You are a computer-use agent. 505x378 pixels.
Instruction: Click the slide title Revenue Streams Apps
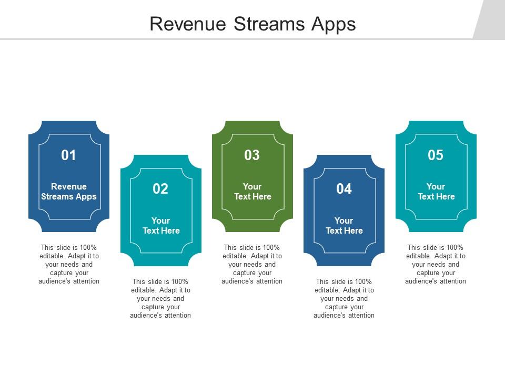252,24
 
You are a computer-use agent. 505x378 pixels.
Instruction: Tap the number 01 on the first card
69,155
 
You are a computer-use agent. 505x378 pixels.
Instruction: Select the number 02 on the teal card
160,190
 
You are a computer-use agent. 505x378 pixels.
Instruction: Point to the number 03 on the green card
252,155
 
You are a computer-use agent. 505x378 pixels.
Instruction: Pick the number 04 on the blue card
344,190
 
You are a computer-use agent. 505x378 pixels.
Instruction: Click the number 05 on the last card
436,155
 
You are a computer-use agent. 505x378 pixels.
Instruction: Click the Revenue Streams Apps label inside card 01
69,192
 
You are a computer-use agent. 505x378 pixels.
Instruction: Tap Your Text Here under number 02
161,226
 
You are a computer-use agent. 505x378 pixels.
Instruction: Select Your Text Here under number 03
252,192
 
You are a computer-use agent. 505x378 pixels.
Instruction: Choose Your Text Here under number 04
344,226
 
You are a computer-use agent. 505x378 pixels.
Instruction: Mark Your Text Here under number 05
436,192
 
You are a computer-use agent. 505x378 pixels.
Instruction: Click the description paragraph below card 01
69,265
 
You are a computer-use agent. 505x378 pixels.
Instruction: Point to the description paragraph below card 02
160,299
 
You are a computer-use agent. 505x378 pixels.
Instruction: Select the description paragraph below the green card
252,265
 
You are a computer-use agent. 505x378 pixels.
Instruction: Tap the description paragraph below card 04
344,299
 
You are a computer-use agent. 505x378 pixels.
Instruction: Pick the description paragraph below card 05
436,265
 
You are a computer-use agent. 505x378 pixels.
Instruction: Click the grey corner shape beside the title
490,19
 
